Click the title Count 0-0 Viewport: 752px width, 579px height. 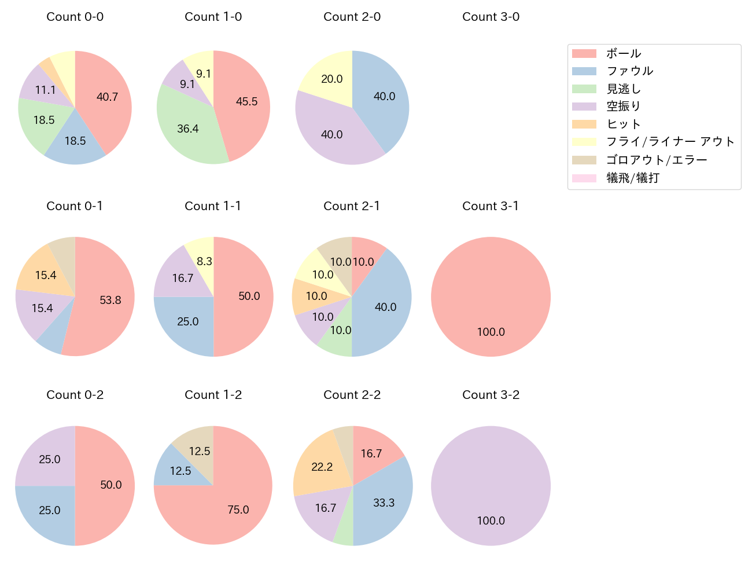pyautogui.click(x=75, y=17)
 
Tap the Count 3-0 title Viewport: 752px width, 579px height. pyautogui.click(x=491, y=17)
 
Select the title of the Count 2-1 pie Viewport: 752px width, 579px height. pyautogui.click(x=352, y=206)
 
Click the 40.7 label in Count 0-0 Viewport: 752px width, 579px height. pyautogui.click(x=107, y=97)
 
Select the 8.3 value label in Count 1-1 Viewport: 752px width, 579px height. pyautogui.click(x=204, y=261)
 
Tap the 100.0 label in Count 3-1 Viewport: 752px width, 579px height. pyautogui.click(x=491, y=332)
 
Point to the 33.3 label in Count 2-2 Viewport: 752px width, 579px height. pyautogui.click(x=384, y=503)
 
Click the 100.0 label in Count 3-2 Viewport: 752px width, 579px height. pyautogui.click(x=491, y=521)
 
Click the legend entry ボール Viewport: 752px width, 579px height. pyautogui.click(x=624, y=54)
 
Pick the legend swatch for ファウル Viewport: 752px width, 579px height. pyautogui.click(x=584, y=71)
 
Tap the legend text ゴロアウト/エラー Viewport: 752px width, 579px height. pyautogui.click(x=657, y=160)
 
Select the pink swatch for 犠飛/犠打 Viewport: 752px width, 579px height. pyautogui.click(x=584, y=178)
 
